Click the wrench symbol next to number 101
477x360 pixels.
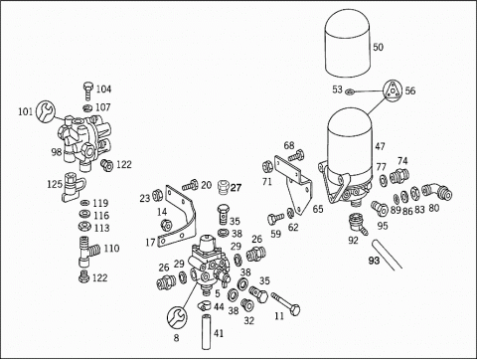tap(46, 111)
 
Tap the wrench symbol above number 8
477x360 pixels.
tap(177, 317)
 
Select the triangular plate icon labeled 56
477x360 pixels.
tap(393, 90)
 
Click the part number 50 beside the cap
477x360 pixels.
tap(378, 47)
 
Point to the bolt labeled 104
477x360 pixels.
tap(87, 90)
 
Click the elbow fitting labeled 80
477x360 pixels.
tap(437, 193)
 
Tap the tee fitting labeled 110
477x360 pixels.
tap(88, 252)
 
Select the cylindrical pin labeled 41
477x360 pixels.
tap(206, 332)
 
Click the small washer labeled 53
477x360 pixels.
tap(349, 90)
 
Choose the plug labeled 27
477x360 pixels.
tap(224, 188)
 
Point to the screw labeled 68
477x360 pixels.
tap(296, 156)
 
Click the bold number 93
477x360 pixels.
tap(374, 261)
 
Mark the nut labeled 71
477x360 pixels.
tap(266, 166)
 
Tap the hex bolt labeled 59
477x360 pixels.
tap(275, 218)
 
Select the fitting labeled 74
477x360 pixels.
tap(398, 175)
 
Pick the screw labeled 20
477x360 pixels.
tap(190, 185)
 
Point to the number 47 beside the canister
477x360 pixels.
tap(380, 146)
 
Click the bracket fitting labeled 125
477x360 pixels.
tap(73, 187)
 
